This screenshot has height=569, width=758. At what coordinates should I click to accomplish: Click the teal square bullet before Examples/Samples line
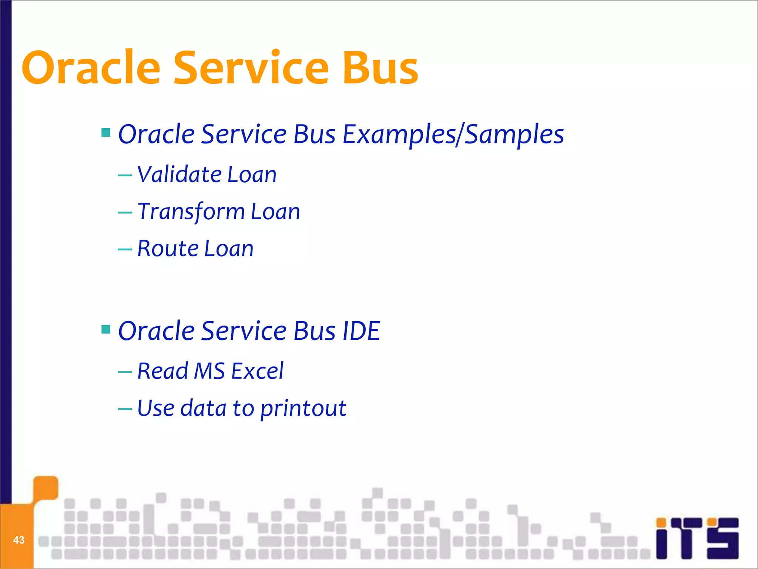point(106,133)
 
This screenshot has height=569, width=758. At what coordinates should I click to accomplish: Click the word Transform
point(191,212)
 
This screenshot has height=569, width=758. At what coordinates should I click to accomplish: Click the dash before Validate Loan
point(125,176)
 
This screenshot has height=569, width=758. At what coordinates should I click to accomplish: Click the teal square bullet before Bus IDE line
point(106,329)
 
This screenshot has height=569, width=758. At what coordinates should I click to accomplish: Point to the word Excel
point(257,371)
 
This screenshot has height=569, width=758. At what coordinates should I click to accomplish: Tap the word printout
point(303,409)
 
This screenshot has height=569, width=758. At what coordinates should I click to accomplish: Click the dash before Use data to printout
point(125,409)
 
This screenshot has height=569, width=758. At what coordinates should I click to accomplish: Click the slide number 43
point(19,540)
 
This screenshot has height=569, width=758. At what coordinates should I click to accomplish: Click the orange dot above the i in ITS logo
point(661,522)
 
